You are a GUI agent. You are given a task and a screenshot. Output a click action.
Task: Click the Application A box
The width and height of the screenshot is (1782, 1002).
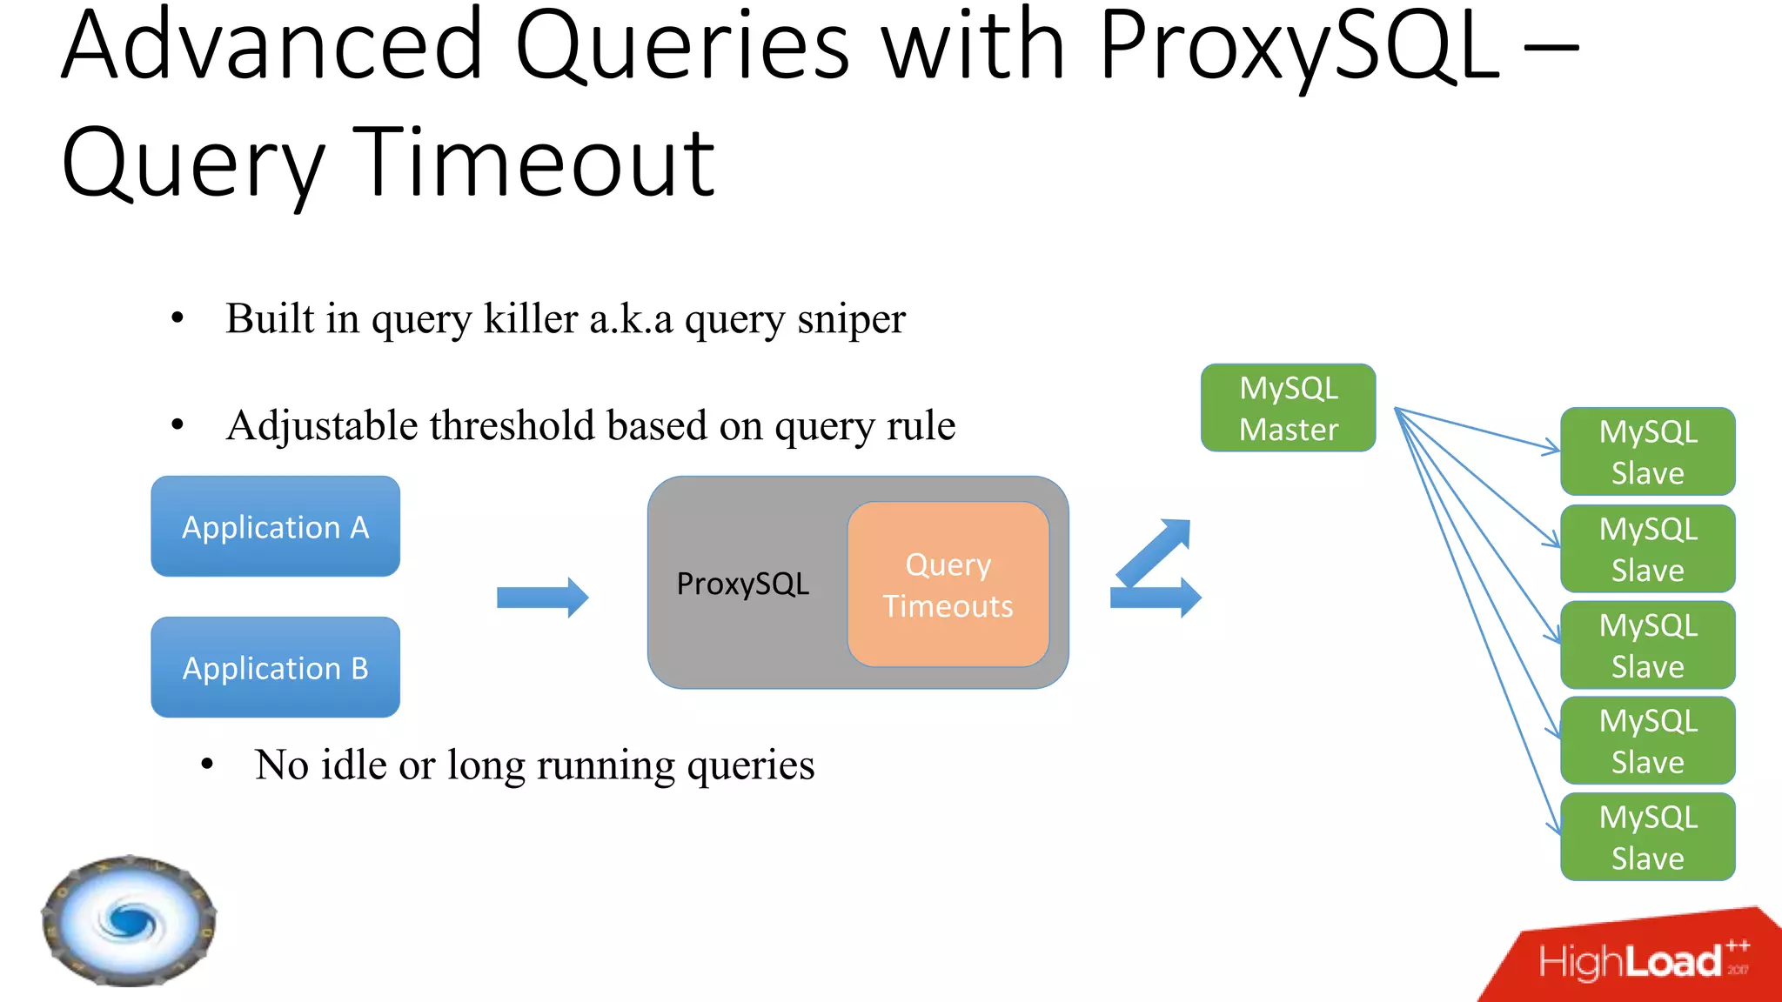coord(275,526)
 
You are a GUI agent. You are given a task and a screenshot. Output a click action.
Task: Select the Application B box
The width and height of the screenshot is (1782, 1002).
coord(275,667)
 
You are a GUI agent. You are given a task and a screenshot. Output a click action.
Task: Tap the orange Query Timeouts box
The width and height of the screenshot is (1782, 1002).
coord(948,584)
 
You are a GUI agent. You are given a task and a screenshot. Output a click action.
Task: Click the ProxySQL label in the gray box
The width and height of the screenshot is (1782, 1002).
coord(742,584)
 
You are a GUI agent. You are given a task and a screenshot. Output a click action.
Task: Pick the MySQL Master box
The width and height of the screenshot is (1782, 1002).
coord(1288,408)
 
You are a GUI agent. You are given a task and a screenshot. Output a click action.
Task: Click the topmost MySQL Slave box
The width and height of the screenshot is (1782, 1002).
coord(1647,451)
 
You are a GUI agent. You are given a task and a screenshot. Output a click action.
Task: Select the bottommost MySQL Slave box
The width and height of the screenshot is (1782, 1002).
coord(1647,837)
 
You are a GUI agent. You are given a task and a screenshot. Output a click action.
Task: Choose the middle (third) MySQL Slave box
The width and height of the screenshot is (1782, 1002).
coord(1647,645)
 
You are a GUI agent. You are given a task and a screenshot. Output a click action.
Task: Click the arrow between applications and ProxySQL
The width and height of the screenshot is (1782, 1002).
coord(542,598)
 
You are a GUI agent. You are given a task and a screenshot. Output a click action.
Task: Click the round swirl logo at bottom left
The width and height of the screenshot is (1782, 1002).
coord(129,920)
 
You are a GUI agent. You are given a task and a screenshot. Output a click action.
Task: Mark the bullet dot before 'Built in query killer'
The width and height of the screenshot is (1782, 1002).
coord(178,318)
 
